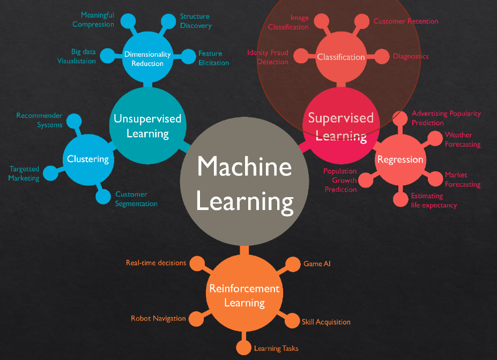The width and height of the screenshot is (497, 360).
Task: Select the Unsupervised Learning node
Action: click(x=147, y=126)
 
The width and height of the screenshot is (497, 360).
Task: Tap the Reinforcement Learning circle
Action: click(x=244, y=296)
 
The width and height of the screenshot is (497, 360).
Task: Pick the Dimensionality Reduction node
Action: click(x=147, y=58)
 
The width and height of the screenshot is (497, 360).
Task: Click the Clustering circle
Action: click(x=87, y=159)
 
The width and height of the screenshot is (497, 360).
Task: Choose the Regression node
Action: click(x=400, y=160)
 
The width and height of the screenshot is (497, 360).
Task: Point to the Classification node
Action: click(x=341, y=57)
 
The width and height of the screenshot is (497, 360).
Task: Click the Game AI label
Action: click(x=313, y=264)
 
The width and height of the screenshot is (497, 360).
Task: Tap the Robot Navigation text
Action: click(x=158, y=318)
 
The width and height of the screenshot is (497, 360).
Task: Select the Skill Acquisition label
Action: click(x=326, y=322)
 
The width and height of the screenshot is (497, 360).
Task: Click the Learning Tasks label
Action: click(x=276, y=348)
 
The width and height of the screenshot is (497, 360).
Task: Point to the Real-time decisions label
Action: click(x=156, y=262)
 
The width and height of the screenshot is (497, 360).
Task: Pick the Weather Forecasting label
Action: click(x=463, y=139)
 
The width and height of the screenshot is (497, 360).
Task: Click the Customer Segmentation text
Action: click(x=136, y=199)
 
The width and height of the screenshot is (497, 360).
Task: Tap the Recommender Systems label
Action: click(x=39, y=120)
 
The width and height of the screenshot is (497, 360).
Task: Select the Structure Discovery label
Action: click(x=196, y=21)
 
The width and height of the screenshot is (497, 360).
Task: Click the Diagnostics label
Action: click(x=411, y=56)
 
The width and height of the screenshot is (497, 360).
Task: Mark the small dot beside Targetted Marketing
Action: click(x=50, y=173)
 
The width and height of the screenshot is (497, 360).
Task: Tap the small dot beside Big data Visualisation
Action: click(x=108, y=55)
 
